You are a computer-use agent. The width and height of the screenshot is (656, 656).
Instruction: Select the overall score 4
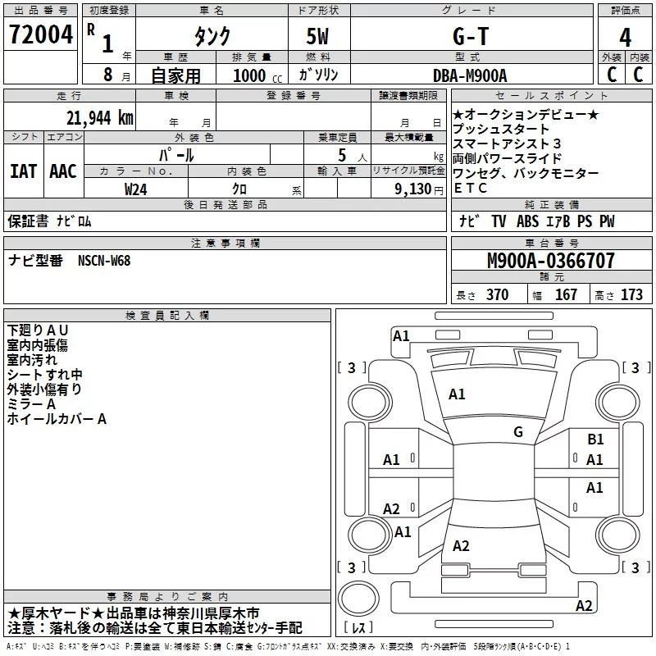click(x=625, y=37)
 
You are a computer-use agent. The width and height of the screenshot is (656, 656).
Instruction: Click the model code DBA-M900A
click(x=470, y=75)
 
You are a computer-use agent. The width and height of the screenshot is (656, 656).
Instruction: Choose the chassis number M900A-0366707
click(x=551, y=261)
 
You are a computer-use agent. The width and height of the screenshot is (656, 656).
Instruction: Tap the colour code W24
click(x=136, y=189)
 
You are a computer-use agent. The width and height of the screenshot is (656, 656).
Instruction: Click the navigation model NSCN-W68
click(x=104, y=261)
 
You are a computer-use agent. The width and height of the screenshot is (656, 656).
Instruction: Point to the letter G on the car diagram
click(x=518, y=432)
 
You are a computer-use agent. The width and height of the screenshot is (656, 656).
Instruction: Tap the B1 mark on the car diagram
click(x=595, y=440)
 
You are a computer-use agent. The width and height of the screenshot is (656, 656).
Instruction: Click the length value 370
click(x=497, y=294)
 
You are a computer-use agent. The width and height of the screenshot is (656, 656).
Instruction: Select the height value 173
click(x=632, y=294)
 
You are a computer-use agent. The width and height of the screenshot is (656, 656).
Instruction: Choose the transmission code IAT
click(x=23, y=171)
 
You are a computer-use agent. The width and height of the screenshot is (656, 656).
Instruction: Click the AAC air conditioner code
click(x=63, y=171)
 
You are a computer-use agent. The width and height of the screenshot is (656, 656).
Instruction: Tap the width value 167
click(x=566, y=294)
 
